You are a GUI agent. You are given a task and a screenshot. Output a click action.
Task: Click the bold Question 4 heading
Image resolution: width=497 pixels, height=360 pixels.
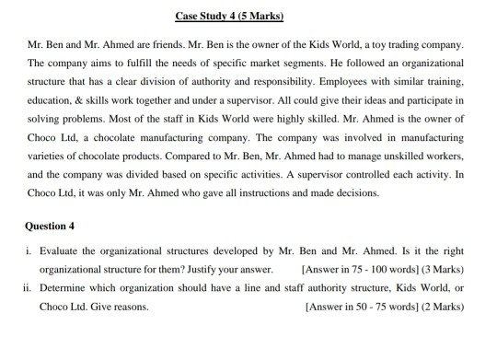point(47,225)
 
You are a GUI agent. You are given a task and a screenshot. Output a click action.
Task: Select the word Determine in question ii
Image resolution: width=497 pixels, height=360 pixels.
point(64,287)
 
